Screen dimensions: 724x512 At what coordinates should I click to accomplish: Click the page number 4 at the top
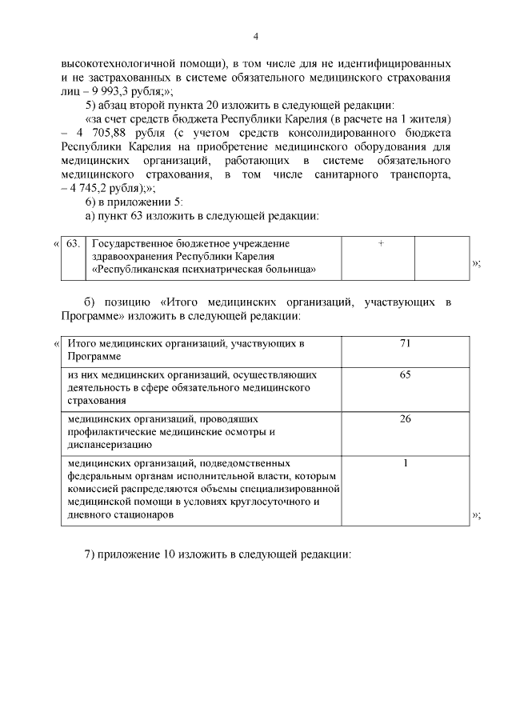[x=256, y=36]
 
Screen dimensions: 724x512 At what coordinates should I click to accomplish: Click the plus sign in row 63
[x=381, y=243]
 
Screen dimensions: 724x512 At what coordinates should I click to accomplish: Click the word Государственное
[x=133, y=243]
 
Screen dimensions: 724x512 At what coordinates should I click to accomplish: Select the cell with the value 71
[x=406, y=343]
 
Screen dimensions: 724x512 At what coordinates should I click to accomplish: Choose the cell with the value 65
[x=406, y=374]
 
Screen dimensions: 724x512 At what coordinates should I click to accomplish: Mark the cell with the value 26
[x=406, y=418]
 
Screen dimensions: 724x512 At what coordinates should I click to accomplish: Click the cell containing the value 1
[x=406, y=462]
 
